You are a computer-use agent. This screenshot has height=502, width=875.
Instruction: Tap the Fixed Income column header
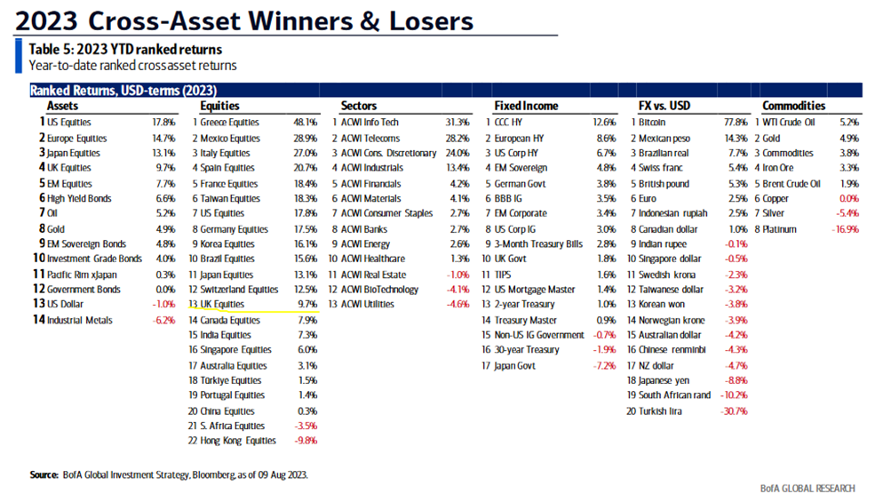(527, 106)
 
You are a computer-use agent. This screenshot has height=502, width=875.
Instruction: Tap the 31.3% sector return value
(458, 122)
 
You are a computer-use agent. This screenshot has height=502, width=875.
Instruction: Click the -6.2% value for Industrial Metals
(165, 319)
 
